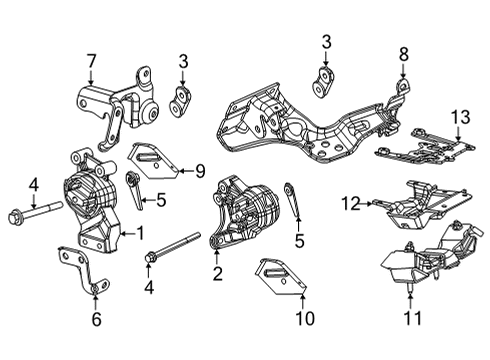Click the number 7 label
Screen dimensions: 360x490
tap(92, 63)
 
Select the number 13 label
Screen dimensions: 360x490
tap(458, 119)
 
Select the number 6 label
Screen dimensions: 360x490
tap(95, 319)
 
